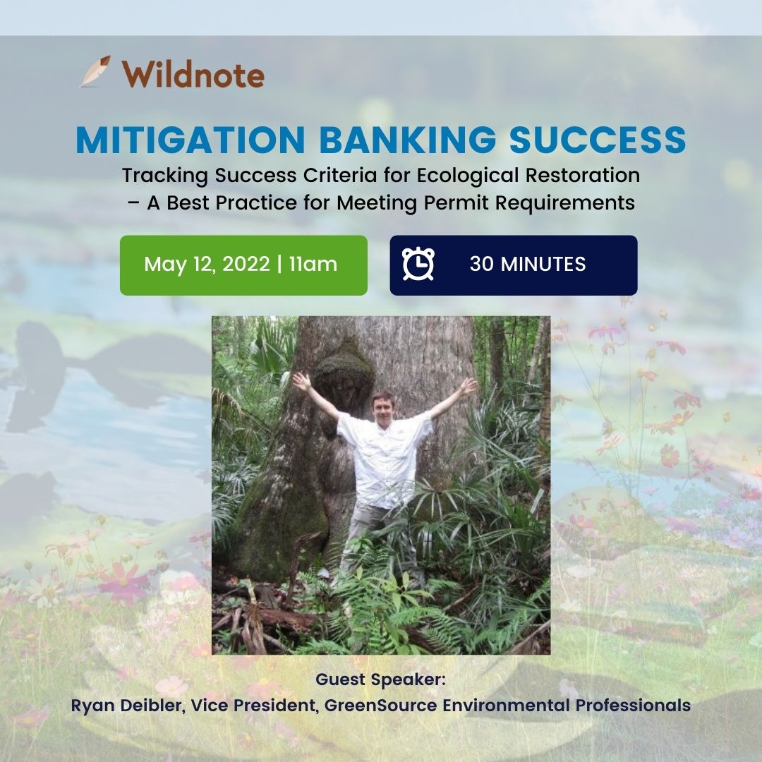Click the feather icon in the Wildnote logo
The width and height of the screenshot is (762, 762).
pos(95,72)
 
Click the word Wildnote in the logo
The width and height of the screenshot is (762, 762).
pos(193,74)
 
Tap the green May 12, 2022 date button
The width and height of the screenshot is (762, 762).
pos(243,265)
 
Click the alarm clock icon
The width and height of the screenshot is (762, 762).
pos(418,265)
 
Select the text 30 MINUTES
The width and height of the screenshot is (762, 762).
pos(527,265)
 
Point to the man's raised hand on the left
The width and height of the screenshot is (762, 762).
pos(302,382)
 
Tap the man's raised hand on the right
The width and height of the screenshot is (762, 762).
pos(468,385)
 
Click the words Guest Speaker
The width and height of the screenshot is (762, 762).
pos(381,680)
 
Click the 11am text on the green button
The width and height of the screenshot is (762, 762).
pos(313,265)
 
